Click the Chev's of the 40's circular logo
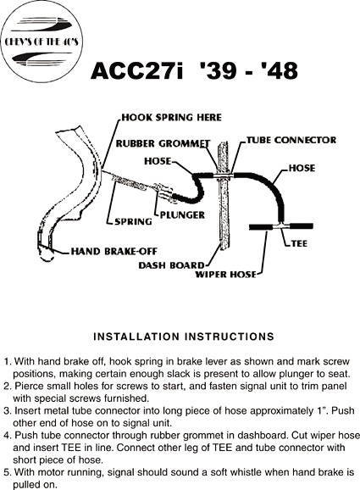[x=42, y=42]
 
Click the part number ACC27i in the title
[x=136, y=70]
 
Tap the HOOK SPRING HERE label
[x=171, y=118]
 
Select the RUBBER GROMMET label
[x=163, y=143]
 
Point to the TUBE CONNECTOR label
[x=291, y=140]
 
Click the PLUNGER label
[x=183, y=214]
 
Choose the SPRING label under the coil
[x=133, y=221]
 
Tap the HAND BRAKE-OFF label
[x=114, y=251]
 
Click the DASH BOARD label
[x=171, y=265]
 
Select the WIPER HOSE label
[x=225, y=275]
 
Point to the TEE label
[x=299, y=243]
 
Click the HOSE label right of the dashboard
[x=302, y=168]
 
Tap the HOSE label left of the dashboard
[x=158, y=161]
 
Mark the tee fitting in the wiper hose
[x=281, y=226]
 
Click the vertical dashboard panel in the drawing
[x=224, y=195]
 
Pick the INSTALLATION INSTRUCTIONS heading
[x=184, y=337]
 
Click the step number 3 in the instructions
[x=7, y=411]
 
